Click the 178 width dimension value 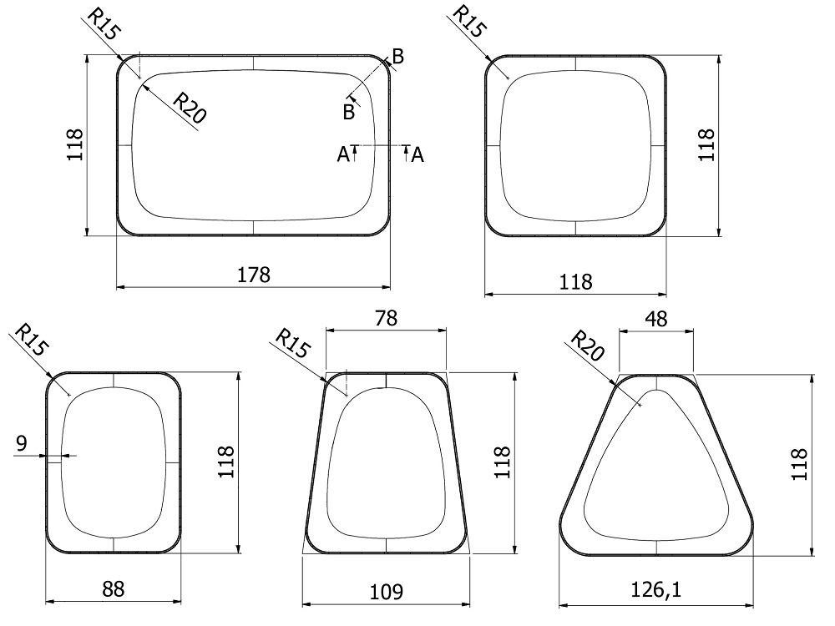tap(254, 275)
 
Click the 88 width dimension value tap(114, 589)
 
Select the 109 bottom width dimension tap(386, 592)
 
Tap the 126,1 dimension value tap(656, 590)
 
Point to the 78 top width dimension tap(386, 318)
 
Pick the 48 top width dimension tap(656, 319)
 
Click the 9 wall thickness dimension tap(22, 443)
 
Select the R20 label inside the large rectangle tap(190, 108)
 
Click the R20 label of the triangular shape tap(587, 346)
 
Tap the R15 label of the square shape tap(468, 22)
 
